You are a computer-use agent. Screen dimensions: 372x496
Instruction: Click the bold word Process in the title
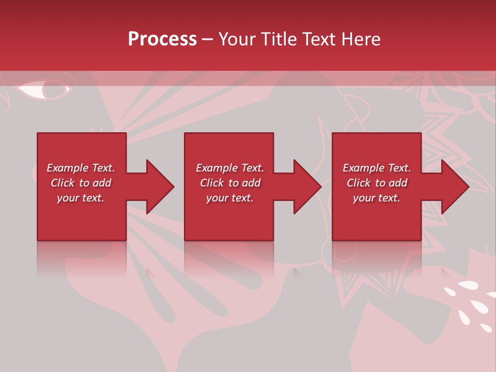[x=162, y=39]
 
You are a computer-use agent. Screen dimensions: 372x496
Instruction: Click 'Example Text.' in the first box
[x=81, y=168]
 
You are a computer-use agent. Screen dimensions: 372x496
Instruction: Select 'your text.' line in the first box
[x=81, y=198]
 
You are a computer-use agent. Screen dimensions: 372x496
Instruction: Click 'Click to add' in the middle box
[x=230, y=183]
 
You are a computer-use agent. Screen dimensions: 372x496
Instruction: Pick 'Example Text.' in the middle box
[x=230, y=168]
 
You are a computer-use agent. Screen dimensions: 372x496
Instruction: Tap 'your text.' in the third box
[x=376, y=198]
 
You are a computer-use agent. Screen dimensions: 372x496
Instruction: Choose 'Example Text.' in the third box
[x=377, y=168]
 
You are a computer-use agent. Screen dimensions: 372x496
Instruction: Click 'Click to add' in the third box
[x=377, y=183]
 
